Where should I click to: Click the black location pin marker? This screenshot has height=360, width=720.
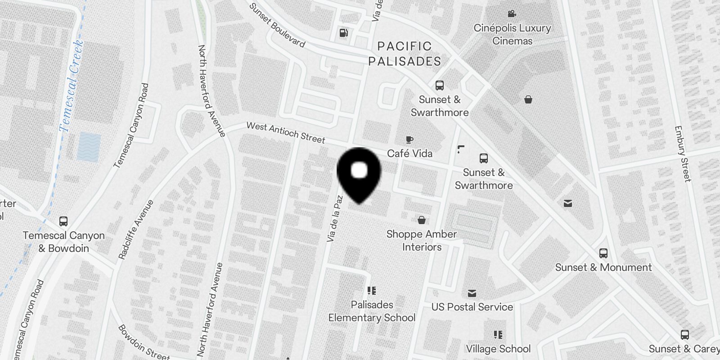(x=359, y=174)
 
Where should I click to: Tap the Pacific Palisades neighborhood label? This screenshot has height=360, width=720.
(x=405, y=54)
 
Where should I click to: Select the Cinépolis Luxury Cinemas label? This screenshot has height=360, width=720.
(x=512, y=34)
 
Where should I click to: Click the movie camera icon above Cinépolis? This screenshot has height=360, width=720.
(x=512, y=14)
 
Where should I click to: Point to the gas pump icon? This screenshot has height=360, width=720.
(x=343, y=33)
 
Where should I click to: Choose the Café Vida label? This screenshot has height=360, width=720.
(x=409, y=153)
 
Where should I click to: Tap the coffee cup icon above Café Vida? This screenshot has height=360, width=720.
(x=409, y=140)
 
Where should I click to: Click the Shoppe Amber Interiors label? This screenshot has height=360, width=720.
(x=422, y=240)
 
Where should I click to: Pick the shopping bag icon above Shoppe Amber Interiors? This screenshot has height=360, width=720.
(x=422, y=220)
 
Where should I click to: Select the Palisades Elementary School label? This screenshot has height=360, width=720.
(x=372, y=311)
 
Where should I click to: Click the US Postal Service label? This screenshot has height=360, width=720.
(x=472, y=307)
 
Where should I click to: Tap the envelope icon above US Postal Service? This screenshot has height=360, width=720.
(x=472, y=293)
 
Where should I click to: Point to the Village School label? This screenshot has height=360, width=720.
(x=498, y=349)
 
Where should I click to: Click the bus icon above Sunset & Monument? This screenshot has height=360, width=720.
(x=603, y=253)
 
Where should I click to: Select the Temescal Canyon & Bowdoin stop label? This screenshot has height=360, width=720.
(x=63, y=242)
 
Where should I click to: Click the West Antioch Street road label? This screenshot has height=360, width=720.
(x=285, y=133)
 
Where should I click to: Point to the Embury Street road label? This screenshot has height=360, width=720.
(x=682, y=153)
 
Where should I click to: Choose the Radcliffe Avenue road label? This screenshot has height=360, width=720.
(x=135, y=229)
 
